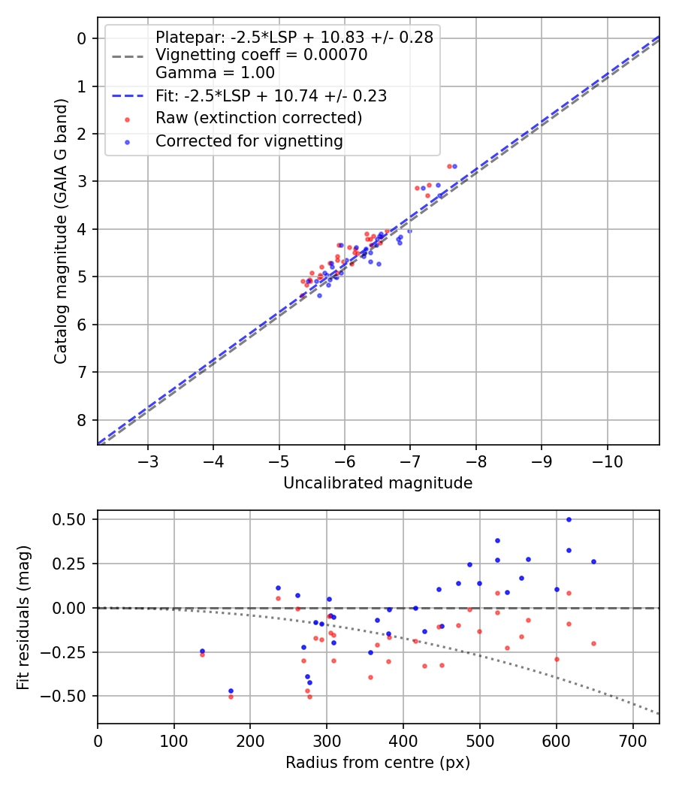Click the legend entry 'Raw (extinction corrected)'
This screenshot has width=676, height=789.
[258, 118]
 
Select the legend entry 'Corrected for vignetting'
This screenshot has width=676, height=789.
[249, 141]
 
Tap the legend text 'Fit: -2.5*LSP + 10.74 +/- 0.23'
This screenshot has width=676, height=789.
[270, 95]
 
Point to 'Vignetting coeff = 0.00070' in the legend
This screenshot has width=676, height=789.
[261, 55]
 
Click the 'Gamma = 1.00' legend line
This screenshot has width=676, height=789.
[215, 73]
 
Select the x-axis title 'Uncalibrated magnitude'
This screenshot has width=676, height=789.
[378, 483]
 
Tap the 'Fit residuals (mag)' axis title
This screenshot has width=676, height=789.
[23, 617]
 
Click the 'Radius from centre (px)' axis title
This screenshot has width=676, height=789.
[378, 763]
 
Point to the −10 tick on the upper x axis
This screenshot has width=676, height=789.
[607, 461]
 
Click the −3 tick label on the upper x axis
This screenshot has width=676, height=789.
[148, 461]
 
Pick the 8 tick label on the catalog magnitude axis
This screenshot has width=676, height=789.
[83, 420]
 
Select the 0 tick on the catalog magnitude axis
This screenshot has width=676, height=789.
[83, 38]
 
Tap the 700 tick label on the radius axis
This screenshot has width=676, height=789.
[632, 740]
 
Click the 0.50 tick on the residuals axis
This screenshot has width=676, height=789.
[72, 519]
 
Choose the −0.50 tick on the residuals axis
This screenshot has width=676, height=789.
[69, 696]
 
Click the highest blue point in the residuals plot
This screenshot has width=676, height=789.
[569, 519]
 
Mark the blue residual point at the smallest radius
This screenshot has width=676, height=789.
[202, 651]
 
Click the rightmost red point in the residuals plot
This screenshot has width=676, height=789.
[593, 643]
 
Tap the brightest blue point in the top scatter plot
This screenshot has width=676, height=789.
[454, 166]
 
